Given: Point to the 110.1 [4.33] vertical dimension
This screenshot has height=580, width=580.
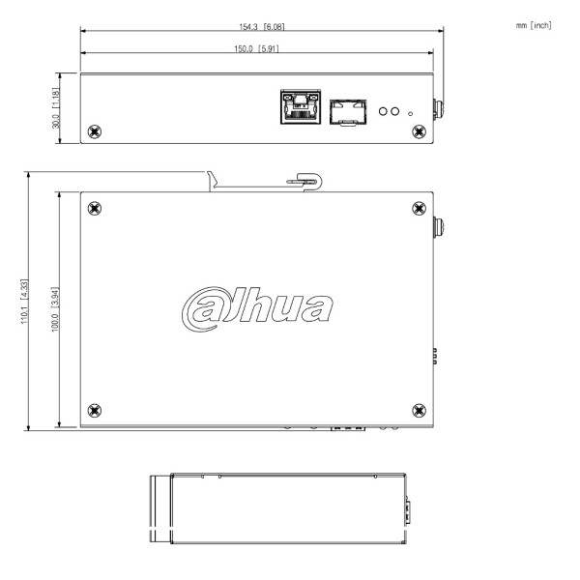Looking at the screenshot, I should [x=37, y=301].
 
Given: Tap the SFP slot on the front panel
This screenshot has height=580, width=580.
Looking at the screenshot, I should [x=346, y=110].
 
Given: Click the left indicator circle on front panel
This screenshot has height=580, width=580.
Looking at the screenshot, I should [x=383, y=111].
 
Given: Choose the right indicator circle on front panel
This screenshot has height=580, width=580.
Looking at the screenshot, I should [x=395, y=111].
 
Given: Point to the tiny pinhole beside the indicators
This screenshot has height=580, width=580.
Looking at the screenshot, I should [x=412, y=115].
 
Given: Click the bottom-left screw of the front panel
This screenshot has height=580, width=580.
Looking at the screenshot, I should [x=94, y=130].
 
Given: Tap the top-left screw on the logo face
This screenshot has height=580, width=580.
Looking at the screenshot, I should [x=94, y=208].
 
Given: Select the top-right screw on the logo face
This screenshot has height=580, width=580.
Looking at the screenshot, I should [x=418, y=208].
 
